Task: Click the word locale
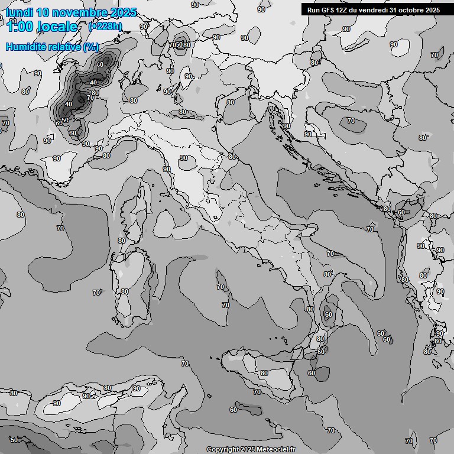(x=57, y=27)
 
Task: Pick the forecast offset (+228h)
(x=105, y=26)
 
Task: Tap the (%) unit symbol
(x=91, y=47)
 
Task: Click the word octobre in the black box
(x=413, y=10)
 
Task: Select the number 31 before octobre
(x=393, y=10)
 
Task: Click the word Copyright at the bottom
(x=223, y=449)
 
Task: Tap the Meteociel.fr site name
(x=275, y=449)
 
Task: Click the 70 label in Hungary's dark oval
(x=351, y=121)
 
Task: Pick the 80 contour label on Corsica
(x=121, y=241)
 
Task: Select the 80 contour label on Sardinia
(x=124, y=291)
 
